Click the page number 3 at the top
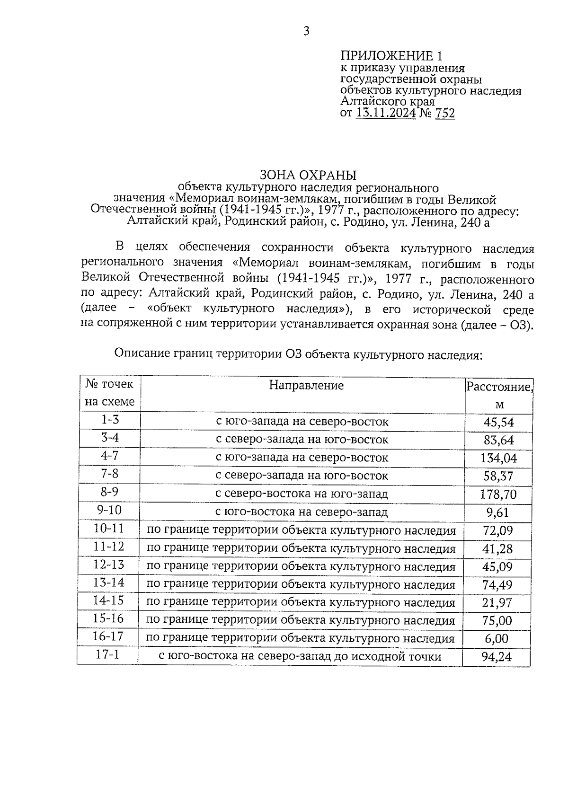[306, 32]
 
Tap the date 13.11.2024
[385, 114]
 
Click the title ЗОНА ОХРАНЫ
[308, 175]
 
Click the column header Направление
[306, 385]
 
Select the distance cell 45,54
[498, 422]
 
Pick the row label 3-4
[110, 438]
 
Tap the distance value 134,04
[498, 458]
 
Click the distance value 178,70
[498, 494]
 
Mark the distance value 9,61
[497, 512]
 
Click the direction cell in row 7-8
[302, 476]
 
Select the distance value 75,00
[497, 620]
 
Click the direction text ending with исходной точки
[299, 656]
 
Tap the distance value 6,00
[497, 639]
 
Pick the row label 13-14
[109, 582]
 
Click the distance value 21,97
[497, 603]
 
